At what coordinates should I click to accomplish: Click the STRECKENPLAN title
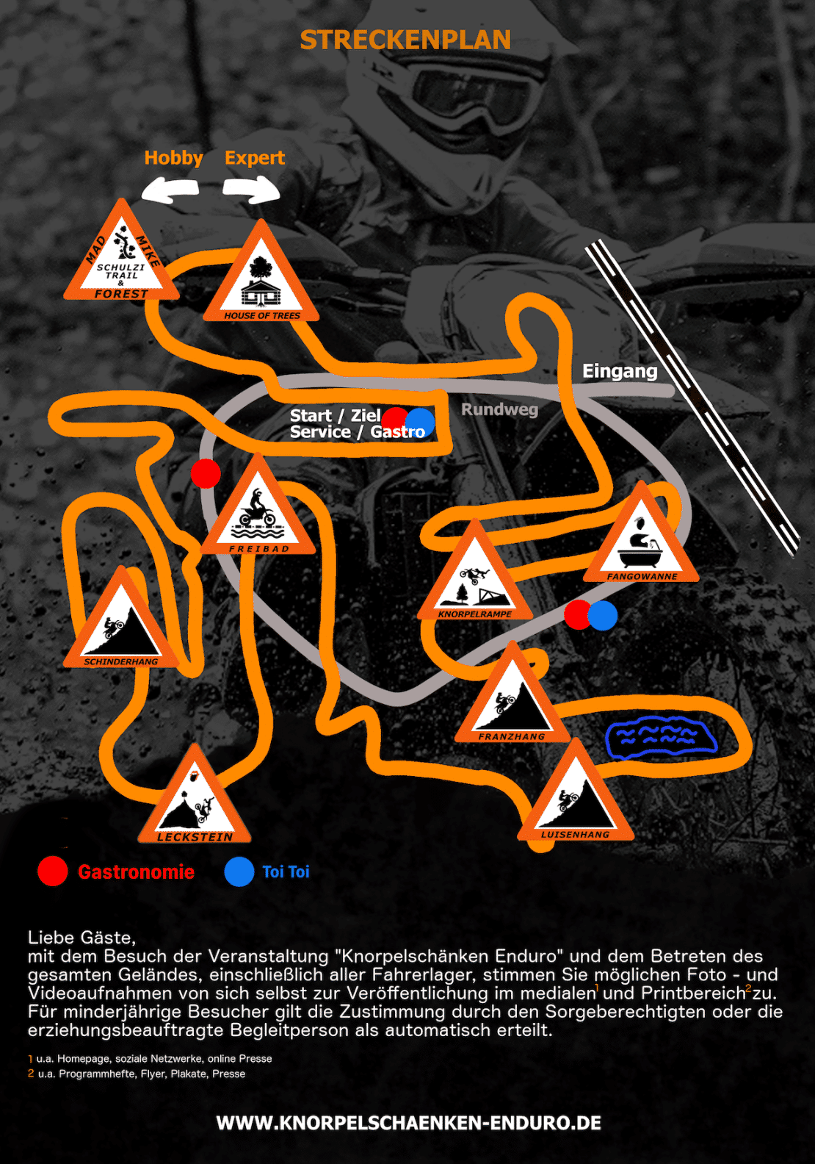tap(405, 40)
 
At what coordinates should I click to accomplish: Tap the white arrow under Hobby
tap(170, 190)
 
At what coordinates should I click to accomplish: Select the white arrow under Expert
tap(251, 190)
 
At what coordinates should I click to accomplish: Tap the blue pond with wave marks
tap(662, 737)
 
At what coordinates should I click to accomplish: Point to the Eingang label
tap(619, 371)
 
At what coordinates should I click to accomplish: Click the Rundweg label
tap(499, 409)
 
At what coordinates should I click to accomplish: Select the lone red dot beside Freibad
tap(206, 473)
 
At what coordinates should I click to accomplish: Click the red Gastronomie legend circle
tap(52, 872)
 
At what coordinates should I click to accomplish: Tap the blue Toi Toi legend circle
tap(239, 872)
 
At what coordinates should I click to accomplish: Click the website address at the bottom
tap(408, 1123)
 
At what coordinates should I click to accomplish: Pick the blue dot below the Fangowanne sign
tap(602, 615)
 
